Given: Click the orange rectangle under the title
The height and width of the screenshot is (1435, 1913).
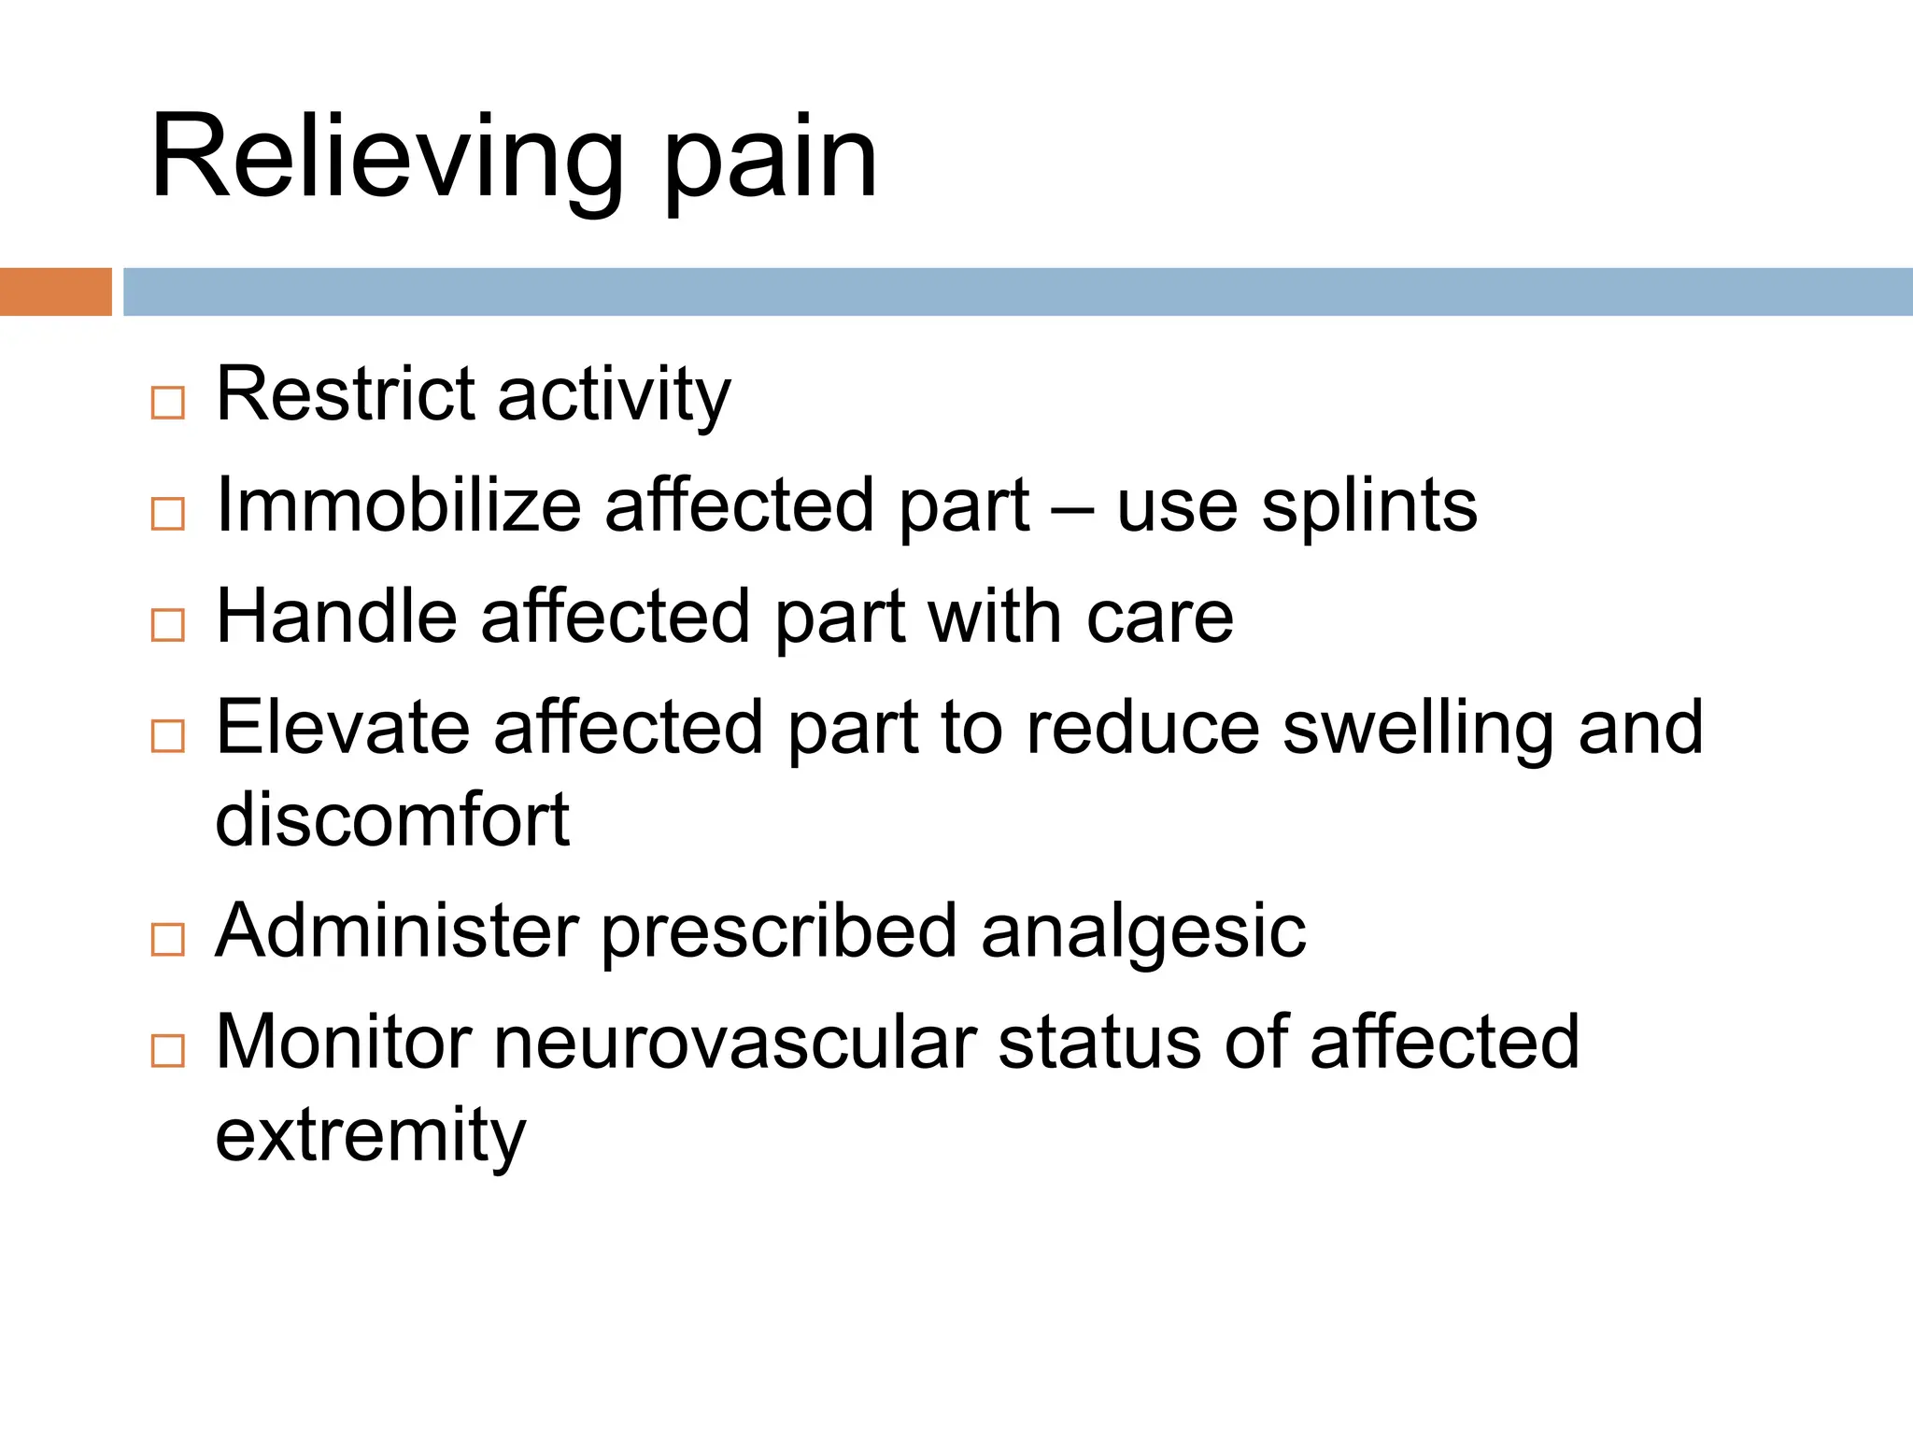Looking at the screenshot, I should [55, 291].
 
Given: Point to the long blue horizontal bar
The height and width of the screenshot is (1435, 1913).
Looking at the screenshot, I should [1017, 291].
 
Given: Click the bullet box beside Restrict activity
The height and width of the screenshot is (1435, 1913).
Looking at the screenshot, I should [168, 403].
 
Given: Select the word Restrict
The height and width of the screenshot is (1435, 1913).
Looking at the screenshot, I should [346, 394].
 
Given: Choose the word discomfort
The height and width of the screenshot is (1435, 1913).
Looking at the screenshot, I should [392, 819].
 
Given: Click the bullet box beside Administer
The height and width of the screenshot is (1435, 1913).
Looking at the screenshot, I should [168, 939].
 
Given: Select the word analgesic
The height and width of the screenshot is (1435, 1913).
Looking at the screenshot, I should [1143, 933].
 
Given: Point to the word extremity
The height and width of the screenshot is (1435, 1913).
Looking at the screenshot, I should [371, 1136].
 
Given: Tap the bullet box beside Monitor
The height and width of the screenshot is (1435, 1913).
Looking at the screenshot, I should [168, 1050].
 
